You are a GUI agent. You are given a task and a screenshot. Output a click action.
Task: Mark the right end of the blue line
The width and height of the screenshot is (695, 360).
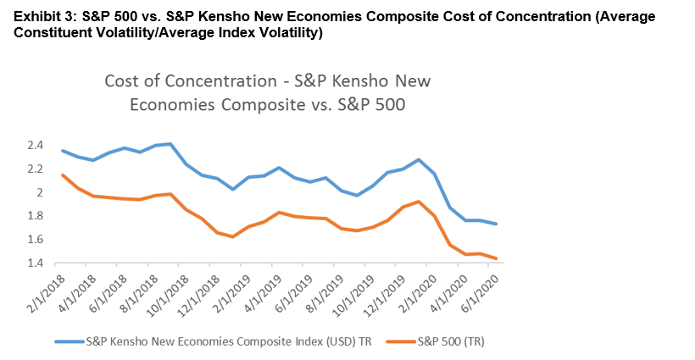click(497, 224)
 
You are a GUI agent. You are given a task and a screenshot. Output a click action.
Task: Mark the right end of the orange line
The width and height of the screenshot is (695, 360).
click(497, 258)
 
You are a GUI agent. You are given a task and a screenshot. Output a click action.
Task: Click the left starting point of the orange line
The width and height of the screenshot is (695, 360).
click(62, 174)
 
